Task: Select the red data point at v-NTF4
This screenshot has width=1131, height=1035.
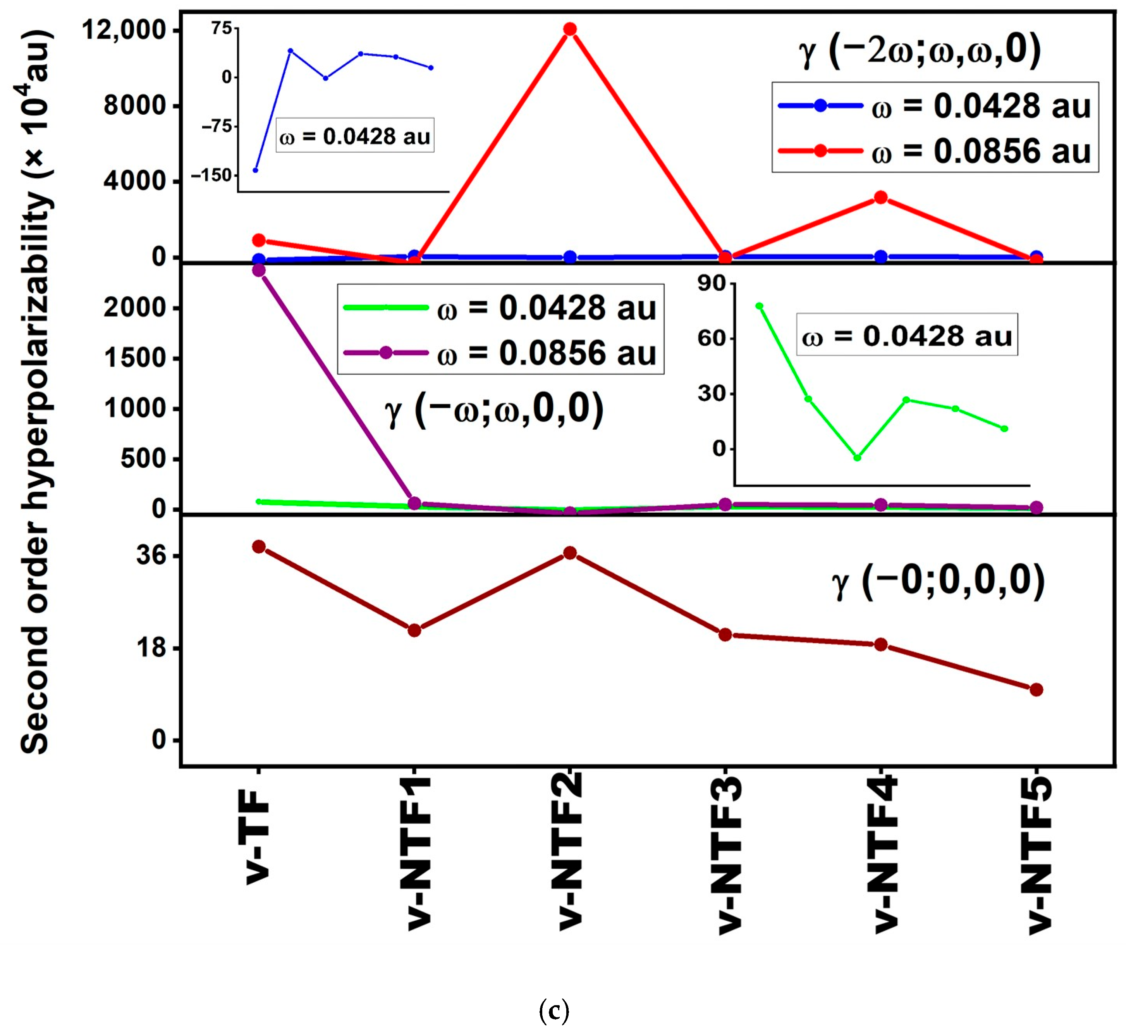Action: (x=881, y=198)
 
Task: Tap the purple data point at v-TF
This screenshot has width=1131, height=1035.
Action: (x=259, y=270)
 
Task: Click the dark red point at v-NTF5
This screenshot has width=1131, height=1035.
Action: (x=1036, y=690)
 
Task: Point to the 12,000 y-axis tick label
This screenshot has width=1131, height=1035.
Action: (x=125, y=30)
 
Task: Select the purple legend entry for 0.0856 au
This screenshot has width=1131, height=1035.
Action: (x=499, y=353)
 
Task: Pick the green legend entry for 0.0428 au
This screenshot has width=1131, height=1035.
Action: (x=499, y=308)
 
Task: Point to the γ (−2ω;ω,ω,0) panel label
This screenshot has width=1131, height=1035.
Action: (x=920, y=50)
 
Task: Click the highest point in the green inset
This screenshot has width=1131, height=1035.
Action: (x=759, y=306)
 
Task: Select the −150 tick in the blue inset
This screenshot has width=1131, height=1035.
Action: (x=212, y=176)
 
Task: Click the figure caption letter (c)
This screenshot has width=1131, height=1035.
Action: (x=554, y=1011)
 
